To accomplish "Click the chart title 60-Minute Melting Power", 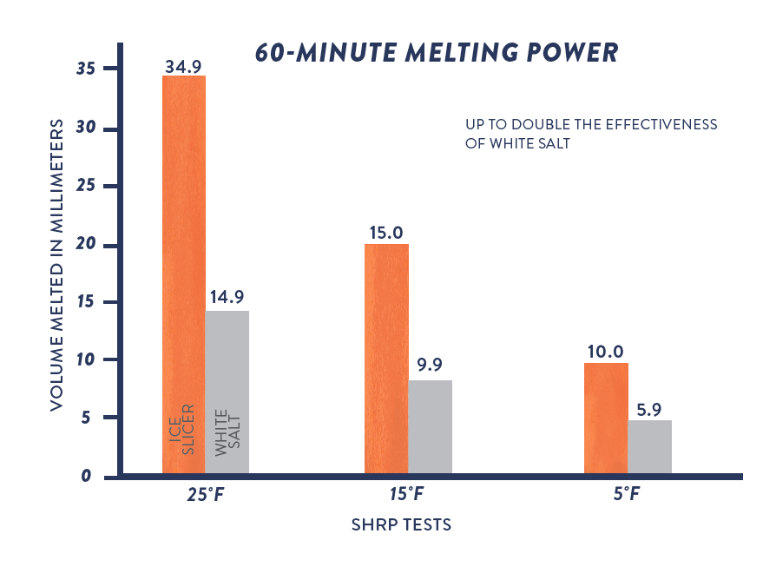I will pos(437,52).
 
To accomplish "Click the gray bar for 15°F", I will pos(431,426).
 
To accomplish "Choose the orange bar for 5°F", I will pos(606,418).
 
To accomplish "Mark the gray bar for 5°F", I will pos(650,446).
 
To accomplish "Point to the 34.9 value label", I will pos(184,65).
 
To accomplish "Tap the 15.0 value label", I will pos(386,232).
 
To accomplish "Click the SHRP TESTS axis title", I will pos(401,525).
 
